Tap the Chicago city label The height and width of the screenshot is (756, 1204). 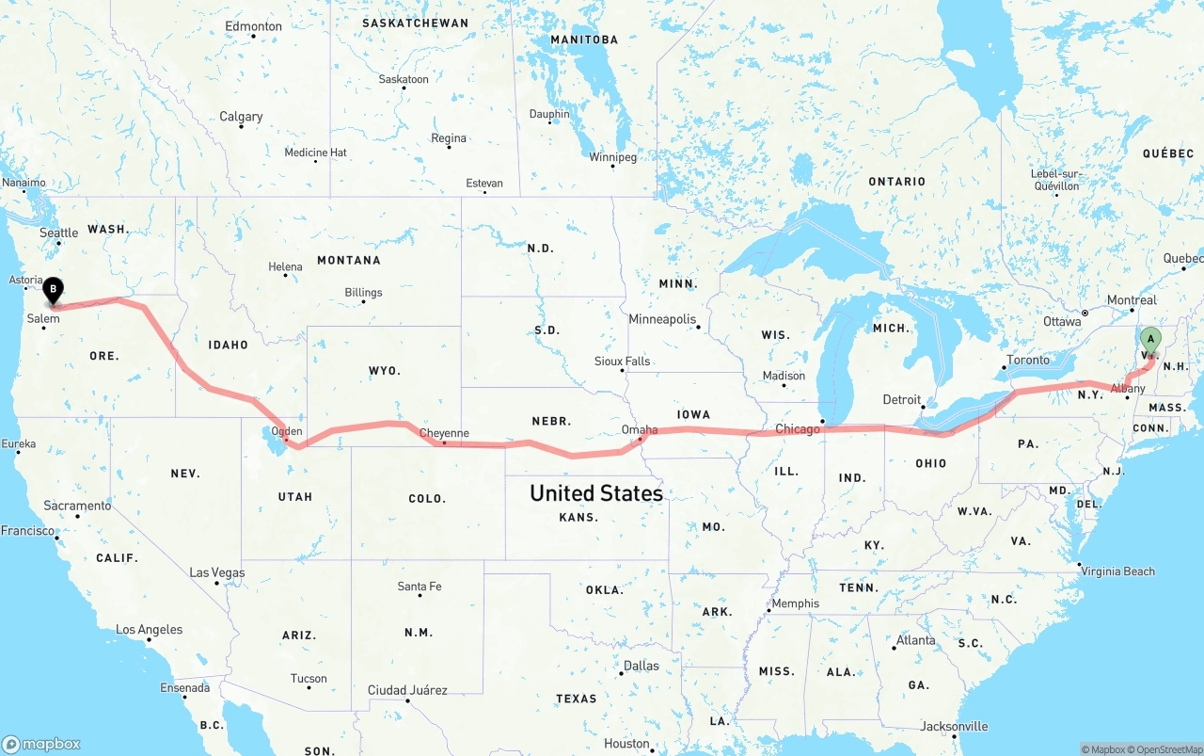click(x=798, y=429)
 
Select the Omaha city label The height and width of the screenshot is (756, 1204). click(x=640, y=429)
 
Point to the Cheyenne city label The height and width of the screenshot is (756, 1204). click(x=444, y=433)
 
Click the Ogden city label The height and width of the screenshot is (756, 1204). click(x=287, y=431)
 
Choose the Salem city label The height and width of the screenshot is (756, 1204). click(x=43, y=318)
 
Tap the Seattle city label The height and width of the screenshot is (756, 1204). click(x=58, y=233)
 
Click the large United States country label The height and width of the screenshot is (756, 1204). click(x=595, y=493)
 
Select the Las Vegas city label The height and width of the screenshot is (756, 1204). click(x=216, y=572)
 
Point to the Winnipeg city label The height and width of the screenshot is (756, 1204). click(x=611, y=156)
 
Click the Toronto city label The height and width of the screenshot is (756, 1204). click(x=1027, y=360)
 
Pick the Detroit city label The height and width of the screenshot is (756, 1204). click(x=901, y=399)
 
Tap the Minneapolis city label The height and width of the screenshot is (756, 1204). click(x=662, y=319)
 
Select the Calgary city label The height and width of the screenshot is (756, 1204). click(x=241, y=117)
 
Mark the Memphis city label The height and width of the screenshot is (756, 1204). click(x=795, y=603)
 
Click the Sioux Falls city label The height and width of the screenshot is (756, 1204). click(x=622, y=361)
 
